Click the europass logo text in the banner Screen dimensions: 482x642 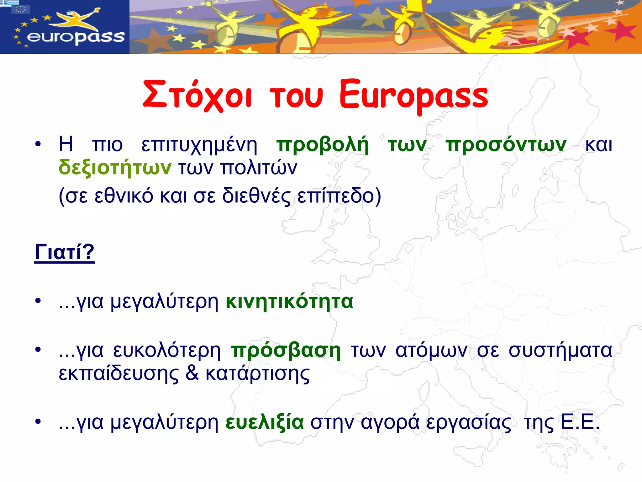coord(76,37)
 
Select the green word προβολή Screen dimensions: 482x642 coord(323,145)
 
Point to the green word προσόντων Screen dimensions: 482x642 coord(506,145)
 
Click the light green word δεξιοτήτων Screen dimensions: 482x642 coord(115,168)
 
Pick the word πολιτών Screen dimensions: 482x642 coord(259,168)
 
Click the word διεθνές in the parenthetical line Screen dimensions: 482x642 coord(256,196)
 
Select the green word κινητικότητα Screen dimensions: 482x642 coord(289,302)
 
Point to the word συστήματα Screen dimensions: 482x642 coord(560,350)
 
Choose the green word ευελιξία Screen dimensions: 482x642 coord(265,422)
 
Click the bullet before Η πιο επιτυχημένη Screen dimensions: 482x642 coord(38,145)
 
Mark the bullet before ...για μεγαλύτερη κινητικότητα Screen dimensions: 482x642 coord(38,301)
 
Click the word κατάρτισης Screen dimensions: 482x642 coord(258,374)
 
